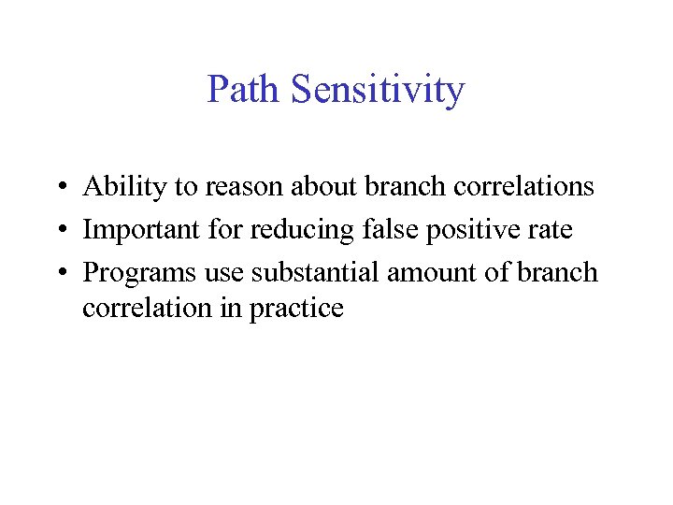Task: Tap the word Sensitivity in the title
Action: click(378, 91)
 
